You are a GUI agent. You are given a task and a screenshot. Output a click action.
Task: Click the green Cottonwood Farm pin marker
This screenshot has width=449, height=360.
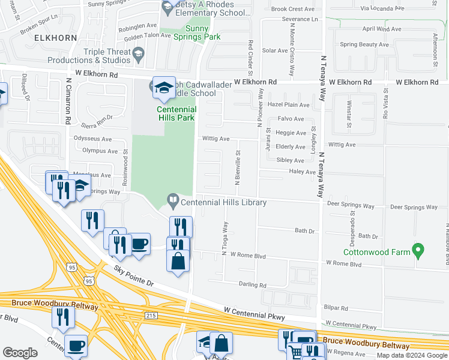click(x=420, y=249)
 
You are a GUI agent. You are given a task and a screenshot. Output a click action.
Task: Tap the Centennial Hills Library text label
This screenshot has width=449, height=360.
click(x=223, y=203)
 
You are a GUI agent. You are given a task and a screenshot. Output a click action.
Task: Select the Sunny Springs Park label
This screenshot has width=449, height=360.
click(x=197, y=32)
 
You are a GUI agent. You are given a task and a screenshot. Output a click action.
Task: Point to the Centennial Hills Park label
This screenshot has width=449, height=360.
click(x=176, y=113)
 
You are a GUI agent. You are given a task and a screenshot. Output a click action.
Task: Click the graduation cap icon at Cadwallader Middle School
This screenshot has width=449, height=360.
click(x=163, y=88)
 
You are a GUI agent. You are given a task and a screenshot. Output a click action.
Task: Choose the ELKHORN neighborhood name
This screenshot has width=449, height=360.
click(x=56, y=37)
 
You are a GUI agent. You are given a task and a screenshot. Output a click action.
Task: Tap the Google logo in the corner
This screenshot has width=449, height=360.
click(x=20, y=353)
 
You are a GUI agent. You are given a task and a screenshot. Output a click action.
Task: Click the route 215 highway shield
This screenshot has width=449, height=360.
click(x=151, y=315)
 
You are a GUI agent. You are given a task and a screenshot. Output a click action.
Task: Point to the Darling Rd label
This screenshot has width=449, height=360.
click(x=252, y=285)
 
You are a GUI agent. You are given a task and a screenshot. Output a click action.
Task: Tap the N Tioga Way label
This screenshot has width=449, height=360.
click(x=226, y=239)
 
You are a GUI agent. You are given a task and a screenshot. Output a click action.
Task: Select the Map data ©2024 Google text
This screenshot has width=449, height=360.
click(x=412, y=355)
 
